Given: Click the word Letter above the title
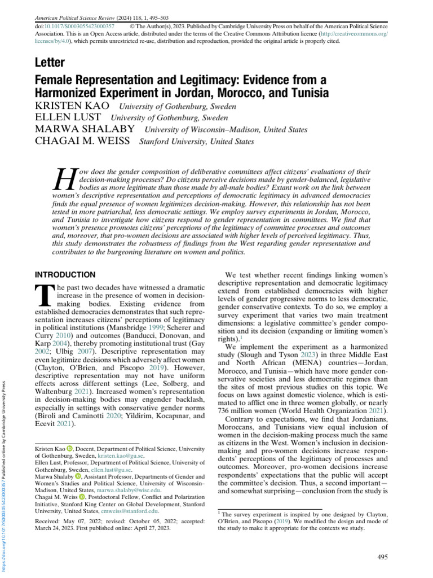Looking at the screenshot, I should [x=49, y=62].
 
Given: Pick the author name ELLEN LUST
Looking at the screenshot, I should [x=60, y=117].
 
